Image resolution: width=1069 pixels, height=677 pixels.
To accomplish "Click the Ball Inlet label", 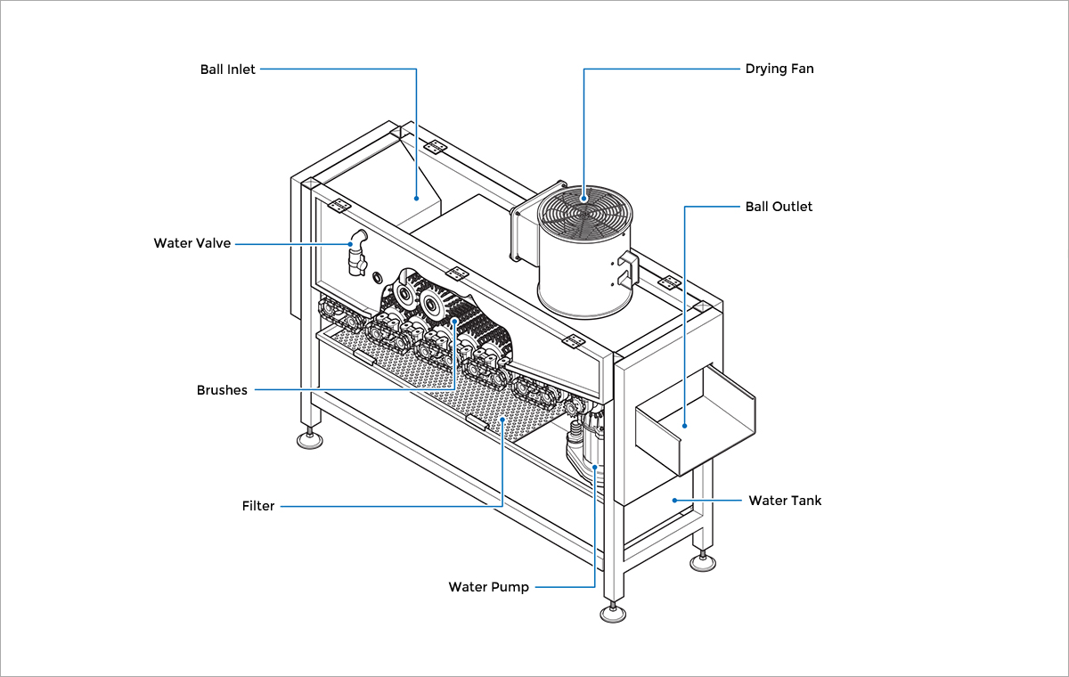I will click(227, 69).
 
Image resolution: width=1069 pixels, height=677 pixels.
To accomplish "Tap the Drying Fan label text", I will click(779, 69).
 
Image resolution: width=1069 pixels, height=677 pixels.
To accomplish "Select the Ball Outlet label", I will click(779, 207).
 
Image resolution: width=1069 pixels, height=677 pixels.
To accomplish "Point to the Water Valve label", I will click(192, 243).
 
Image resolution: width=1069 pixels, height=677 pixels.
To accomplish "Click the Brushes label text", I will click(222, 390).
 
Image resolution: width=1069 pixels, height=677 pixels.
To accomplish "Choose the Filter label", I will click(258, 506).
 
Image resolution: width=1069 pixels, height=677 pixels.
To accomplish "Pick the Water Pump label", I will click(488, 587).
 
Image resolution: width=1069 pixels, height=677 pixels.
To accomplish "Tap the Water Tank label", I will click(784, 501).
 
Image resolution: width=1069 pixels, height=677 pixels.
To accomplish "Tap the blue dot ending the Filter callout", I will click(503, 418).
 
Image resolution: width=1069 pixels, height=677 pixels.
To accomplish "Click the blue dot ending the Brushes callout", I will click(454, 322).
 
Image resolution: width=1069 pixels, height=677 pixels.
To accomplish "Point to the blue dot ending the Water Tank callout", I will click(674, 501).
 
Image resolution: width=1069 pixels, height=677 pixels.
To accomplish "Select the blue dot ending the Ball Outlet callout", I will click(684, 426).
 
